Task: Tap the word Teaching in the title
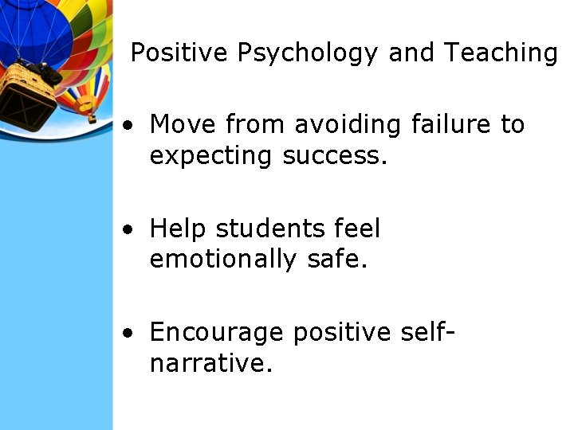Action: (x=501, y=53)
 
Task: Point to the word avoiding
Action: (x=346, y=125)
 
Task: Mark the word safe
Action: (x=336, y=260)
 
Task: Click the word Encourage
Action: (x=216, y=332)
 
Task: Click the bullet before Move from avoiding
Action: (x=128, y=126)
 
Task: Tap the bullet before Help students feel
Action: (x=128, y=230)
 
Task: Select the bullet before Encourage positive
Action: (x=128, y=333)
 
